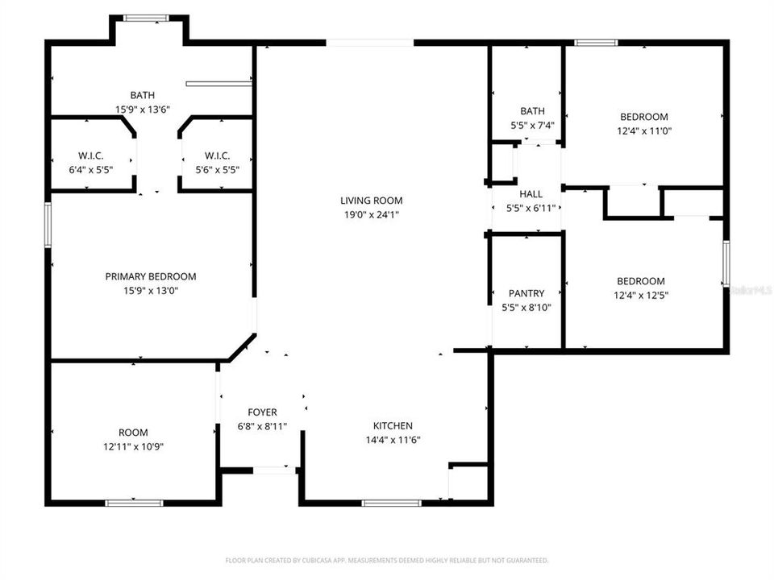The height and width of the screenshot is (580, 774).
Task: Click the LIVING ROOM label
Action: click(371, 201)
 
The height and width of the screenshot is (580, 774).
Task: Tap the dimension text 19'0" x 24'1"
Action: click(371, 214)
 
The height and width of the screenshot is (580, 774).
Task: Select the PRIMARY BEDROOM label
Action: click(151, 276)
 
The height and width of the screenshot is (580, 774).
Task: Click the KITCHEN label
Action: click(393, 426)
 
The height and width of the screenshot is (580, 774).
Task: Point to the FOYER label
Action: click(262, 412)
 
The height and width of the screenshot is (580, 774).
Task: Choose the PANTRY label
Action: click(526, 293)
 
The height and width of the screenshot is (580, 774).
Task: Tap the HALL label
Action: click(531, 194)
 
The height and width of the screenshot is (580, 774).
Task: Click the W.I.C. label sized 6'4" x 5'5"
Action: click(91, 155)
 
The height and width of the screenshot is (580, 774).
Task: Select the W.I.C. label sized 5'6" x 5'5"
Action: click(218, 155)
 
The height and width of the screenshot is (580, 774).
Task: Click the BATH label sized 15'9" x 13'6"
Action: click(143, 95)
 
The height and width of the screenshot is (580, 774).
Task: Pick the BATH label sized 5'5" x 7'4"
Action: click(532, 111)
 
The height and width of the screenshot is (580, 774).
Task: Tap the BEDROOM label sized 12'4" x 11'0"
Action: click(643, 117)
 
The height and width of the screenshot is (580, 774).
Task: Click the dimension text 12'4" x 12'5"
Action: click(642, 295)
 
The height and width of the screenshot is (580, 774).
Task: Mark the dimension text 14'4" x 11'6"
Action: click(393, 440)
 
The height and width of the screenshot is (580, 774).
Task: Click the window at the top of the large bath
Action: click(146, 18)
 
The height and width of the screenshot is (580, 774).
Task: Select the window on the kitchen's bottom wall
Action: click(391, 503)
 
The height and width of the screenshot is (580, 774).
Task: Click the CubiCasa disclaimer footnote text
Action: click(386, 560)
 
